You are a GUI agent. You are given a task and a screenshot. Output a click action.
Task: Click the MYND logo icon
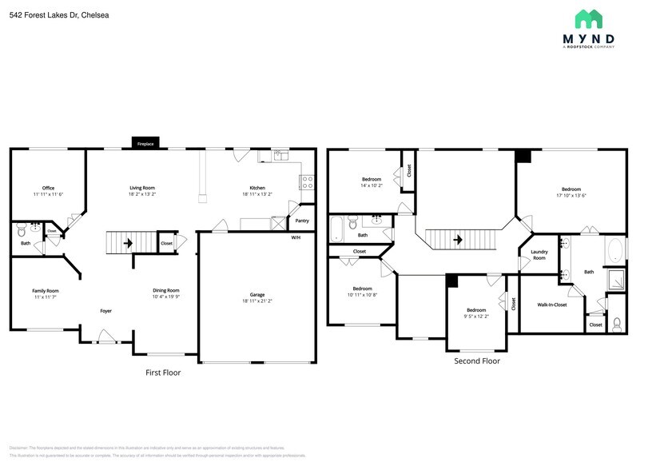pyautogui.click(x=588, y=19)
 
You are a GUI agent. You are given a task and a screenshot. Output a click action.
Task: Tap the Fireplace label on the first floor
pyautogui.click(x=145, y=144)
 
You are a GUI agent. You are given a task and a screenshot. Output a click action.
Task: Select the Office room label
pyautogui.click(x=48, y=188)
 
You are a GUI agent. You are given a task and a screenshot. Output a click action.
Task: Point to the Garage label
pyautogui.click(x=257, y=294)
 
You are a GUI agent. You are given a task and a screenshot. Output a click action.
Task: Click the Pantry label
pyautogui.click(x=302, y=221)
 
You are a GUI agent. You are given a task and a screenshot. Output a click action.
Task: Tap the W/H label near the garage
pyautogui.click(x=296, y=237)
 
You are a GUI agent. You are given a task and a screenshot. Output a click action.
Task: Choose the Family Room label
pyautogui.click(x=46, y=290)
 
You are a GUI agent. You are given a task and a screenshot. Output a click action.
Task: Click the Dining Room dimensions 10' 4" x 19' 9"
pyautogui.click(x=166, y=297)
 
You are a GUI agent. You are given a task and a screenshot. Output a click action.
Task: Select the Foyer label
pyautogui.click(x=105, y=310)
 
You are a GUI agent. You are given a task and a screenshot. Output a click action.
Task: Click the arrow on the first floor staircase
pyautogui.click(x=126, y=242)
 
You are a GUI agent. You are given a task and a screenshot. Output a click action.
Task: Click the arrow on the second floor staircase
pyautogui.click(x=458, y=238)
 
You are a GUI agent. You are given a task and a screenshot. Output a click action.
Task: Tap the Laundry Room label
pyautogui.click(x=539, y=255)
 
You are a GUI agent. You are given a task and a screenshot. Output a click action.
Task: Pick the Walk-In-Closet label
pyautogui.click(x=551, y=305)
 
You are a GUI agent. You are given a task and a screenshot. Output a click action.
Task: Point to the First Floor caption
pyautogui.click(x=163, y=372)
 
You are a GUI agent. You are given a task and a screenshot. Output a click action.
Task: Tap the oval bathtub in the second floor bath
pyautogui.click(x=615, y=252)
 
